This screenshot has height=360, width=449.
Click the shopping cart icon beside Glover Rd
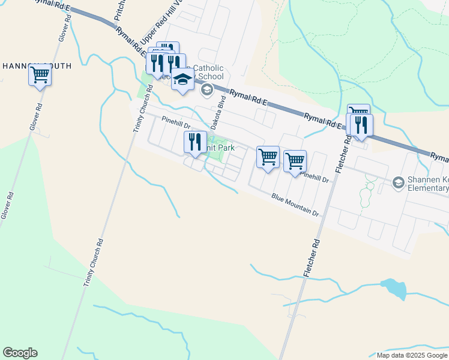point(40,76)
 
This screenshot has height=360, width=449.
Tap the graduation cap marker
point(182,79)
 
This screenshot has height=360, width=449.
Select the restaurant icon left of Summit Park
point(194,142)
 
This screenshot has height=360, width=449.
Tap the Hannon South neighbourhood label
point(36,65)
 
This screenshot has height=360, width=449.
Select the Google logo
point(20,353)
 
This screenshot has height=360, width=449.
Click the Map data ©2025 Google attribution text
point(412,355)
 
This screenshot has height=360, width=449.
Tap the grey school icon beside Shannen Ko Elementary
point(397,182)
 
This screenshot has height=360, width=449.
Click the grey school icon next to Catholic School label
point(207,90)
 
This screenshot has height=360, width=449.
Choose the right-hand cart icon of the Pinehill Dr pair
point(295,161)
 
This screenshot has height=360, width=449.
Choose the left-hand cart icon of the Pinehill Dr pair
point(268,157)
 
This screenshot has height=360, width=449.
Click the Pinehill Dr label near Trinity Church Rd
point(175,122)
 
